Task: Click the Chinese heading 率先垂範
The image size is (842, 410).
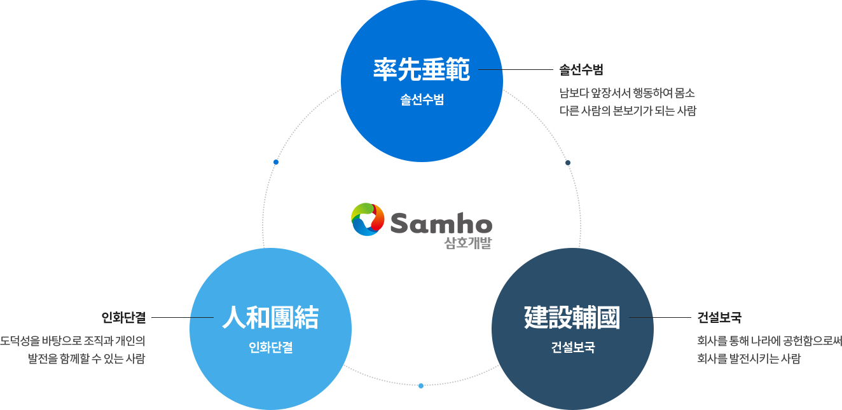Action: point(421,70)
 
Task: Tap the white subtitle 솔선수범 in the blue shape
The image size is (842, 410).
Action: point(422,100)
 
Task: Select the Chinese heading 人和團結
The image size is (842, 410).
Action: point(270,317)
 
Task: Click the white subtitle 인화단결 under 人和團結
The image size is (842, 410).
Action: point(270,348)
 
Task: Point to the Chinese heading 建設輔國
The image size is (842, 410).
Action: point(572,317)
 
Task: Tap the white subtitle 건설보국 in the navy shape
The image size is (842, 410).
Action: point(572,348)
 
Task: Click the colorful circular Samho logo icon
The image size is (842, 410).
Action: point(368,219)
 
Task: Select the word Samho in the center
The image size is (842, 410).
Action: point(441,223)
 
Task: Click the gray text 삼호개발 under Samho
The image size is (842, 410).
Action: point(468,243)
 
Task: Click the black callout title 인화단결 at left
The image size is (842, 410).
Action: point(123,317)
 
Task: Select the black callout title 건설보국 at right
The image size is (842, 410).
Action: point(719,317)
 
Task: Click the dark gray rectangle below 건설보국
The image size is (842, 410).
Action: point(770,350)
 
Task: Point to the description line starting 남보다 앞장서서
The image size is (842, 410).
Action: point(628,93)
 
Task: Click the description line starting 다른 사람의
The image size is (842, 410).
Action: point(628,111)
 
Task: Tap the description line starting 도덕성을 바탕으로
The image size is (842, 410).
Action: point(73,341)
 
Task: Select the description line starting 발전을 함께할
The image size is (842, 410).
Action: point(87,358)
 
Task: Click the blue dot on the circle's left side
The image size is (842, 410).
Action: point(275,161)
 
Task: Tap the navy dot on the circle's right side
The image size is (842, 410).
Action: point(569,162)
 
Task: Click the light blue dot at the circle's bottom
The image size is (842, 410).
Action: point(420,386)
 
